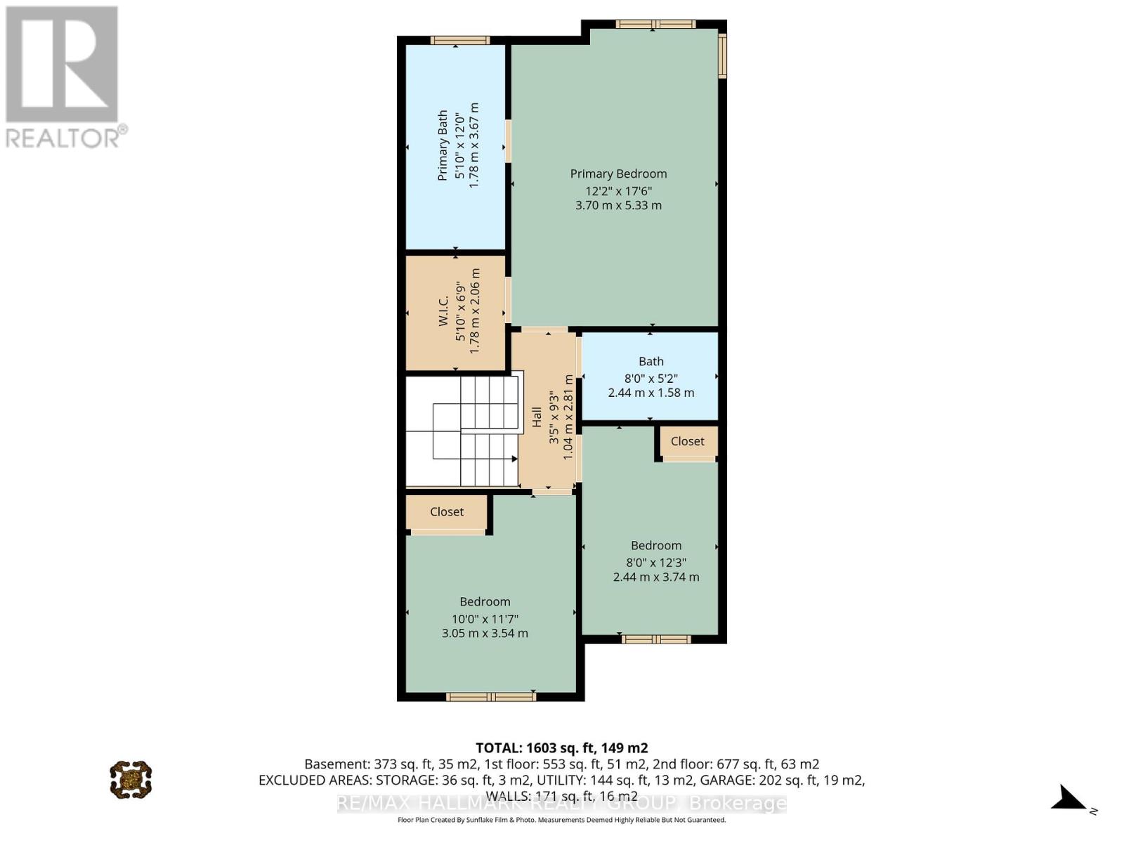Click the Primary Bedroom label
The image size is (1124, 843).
(618, 174)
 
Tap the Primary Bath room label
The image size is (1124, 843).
(443, 145)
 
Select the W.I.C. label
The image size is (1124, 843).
(443, 311)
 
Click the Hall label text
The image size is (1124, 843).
(537, 417)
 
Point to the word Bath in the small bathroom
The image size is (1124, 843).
(651, 361)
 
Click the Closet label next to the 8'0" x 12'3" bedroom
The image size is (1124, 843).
(687, 441)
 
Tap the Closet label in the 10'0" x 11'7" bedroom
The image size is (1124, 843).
(447, 512)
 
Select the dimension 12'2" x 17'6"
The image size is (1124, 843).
(619, 191)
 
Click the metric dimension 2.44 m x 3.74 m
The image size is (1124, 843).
(656, 577)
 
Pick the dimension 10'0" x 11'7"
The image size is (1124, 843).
(485, 619)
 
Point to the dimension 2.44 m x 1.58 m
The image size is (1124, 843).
(651, 393)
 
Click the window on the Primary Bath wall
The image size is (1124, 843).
(460, 40)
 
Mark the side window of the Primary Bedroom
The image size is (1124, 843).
(722, 55)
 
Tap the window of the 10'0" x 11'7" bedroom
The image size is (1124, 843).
(490, 697)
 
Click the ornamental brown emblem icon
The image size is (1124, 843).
(131, 780)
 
